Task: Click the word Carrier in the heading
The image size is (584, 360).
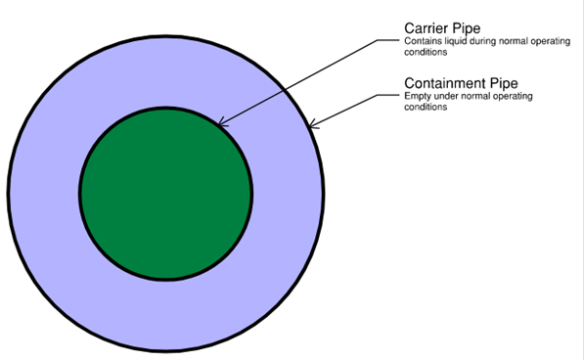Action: [x=427, y=28]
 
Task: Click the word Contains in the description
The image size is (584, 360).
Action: [x=419, y=42]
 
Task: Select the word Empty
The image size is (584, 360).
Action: [x=416, y=96]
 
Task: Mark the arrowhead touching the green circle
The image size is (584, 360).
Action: [x=221, y=123]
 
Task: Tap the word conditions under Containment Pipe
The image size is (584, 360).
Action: [x=425, y=107]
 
